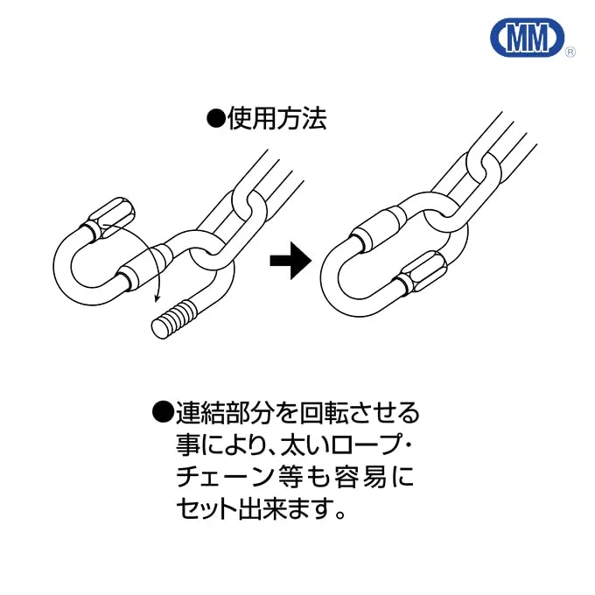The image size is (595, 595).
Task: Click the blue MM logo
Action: click(525, 38)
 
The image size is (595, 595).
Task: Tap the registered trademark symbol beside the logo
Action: click(570, 52)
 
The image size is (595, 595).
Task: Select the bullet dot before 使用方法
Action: click(215, 119)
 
